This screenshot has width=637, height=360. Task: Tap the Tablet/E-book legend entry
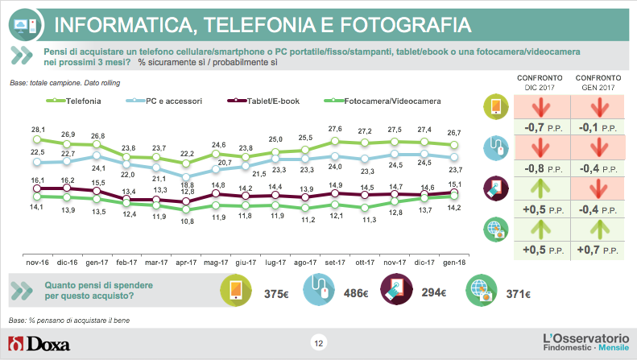pyautogui.click(x=273, y=101)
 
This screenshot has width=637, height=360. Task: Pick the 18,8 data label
pyautogui.click(x=186, y=184)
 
